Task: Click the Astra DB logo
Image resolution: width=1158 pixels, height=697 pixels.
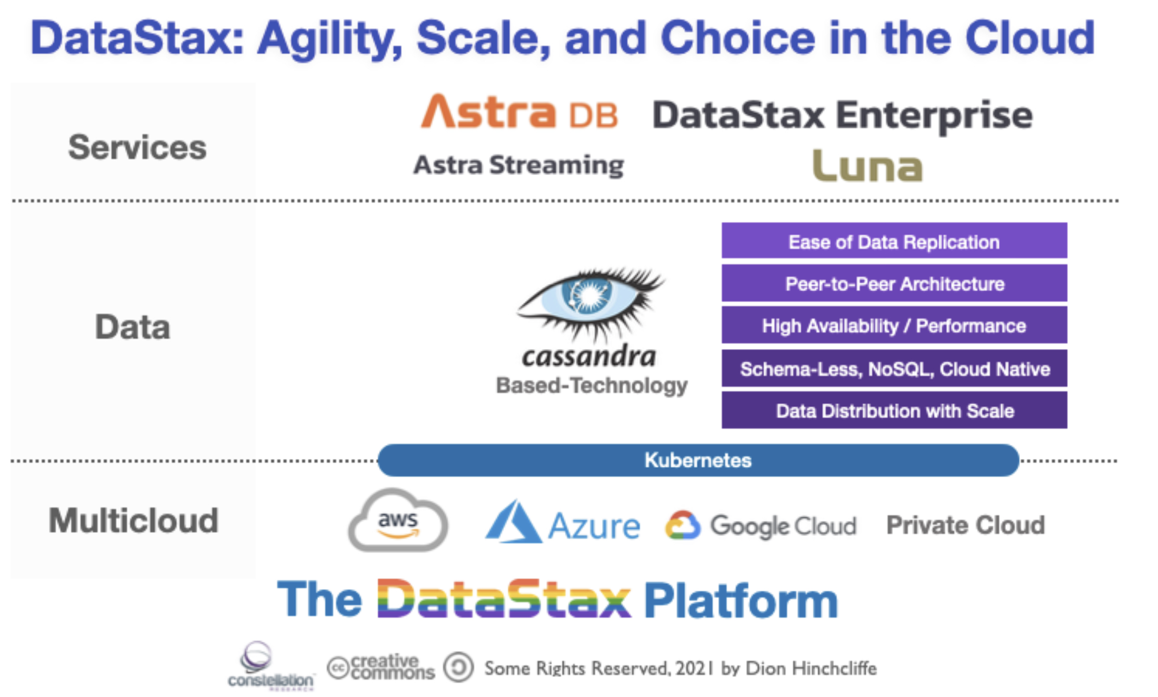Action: (519, 112)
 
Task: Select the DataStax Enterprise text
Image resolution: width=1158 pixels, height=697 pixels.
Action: (842, 115)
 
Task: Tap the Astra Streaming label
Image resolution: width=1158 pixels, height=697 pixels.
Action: (519, 165)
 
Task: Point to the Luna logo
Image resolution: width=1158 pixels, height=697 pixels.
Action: (867, 166)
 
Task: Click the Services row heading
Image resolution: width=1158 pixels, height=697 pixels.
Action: (137, 147)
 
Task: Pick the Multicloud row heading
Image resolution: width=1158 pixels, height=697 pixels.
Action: (133, 520)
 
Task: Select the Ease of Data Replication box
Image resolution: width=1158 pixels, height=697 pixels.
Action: (894, 241)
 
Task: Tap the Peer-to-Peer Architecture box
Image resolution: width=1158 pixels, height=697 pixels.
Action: (894, 284)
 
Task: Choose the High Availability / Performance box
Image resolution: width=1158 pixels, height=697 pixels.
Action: (894, 326)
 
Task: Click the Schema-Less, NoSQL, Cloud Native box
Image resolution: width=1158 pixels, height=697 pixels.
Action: (894, 369)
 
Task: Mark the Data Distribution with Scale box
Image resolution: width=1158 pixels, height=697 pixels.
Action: (894, 411)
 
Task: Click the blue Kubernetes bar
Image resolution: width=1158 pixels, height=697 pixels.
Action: (698, 460)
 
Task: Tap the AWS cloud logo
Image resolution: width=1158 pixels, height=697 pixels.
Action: (398, 521)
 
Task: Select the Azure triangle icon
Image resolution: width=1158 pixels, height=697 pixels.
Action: (512, 523)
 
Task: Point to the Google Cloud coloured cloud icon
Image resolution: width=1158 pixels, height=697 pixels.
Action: (683, 525)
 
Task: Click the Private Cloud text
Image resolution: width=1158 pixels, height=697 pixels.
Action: (965, 525)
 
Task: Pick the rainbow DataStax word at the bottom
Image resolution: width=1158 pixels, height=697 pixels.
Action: (504, 599)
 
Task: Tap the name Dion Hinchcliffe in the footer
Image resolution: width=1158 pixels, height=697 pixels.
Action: (811, 668)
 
